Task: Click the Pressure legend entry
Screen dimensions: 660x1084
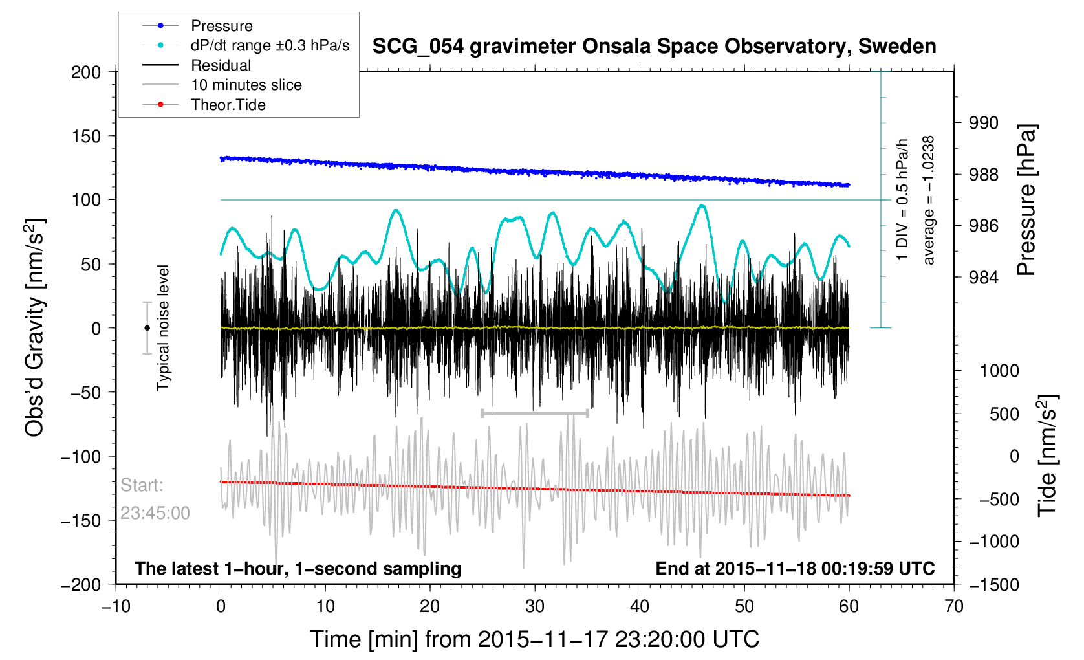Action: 221,26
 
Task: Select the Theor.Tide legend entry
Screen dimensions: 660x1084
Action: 228,105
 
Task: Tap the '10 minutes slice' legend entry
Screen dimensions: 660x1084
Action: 246,85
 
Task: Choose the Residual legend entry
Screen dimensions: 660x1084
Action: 221,65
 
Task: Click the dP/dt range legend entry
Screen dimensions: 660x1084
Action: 270,45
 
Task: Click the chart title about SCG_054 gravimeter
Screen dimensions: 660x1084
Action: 654,47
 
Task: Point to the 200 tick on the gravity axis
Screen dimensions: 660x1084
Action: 86,72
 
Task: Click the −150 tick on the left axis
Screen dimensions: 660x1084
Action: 81,521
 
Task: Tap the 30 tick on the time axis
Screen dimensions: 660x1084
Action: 535,606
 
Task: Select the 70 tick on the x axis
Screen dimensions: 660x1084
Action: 953,606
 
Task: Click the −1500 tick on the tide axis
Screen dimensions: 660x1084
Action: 993,585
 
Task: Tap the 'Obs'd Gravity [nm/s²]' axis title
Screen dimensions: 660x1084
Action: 34,328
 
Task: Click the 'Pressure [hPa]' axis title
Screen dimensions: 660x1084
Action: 1026,201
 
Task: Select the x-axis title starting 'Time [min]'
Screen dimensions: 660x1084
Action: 534,639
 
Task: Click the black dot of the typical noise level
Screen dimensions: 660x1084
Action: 147,328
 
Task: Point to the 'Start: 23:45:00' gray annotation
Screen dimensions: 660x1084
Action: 155,499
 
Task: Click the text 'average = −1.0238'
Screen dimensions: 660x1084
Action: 929,200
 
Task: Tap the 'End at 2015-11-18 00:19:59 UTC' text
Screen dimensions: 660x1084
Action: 795,569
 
